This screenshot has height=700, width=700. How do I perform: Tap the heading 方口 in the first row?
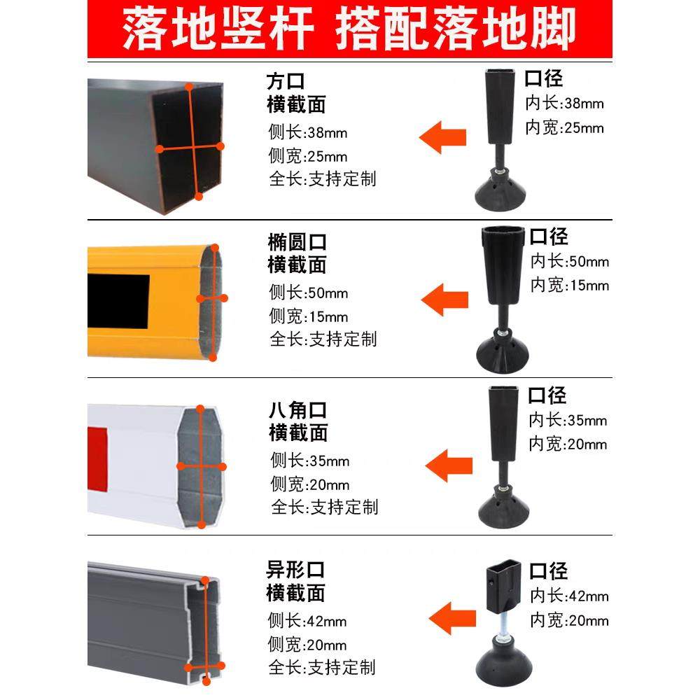tap(286, 81)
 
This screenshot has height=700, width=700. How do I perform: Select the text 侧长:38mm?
tap(307, 132)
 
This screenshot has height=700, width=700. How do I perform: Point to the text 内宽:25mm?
tap(564, 128)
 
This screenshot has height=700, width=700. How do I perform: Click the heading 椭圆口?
tap(297, 242)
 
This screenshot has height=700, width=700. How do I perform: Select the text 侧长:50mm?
tap(308, 293)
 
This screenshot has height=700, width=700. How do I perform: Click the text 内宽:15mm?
tap(569, 286)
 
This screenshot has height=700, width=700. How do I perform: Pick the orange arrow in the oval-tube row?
tap(445, 300)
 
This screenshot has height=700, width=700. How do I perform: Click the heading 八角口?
tap(297, 409)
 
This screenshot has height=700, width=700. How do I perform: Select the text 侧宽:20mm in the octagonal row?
tap(309, 484)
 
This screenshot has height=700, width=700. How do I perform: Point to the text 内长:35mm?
tap(568, 421)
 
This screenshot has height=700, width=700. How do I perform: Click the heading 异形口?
tap(295, 570)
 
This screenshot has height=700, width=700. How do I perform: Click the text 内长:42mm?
tap(568, 596)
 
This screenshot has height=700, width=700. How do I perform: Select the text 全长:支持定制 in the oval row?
tap(323, 339)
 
